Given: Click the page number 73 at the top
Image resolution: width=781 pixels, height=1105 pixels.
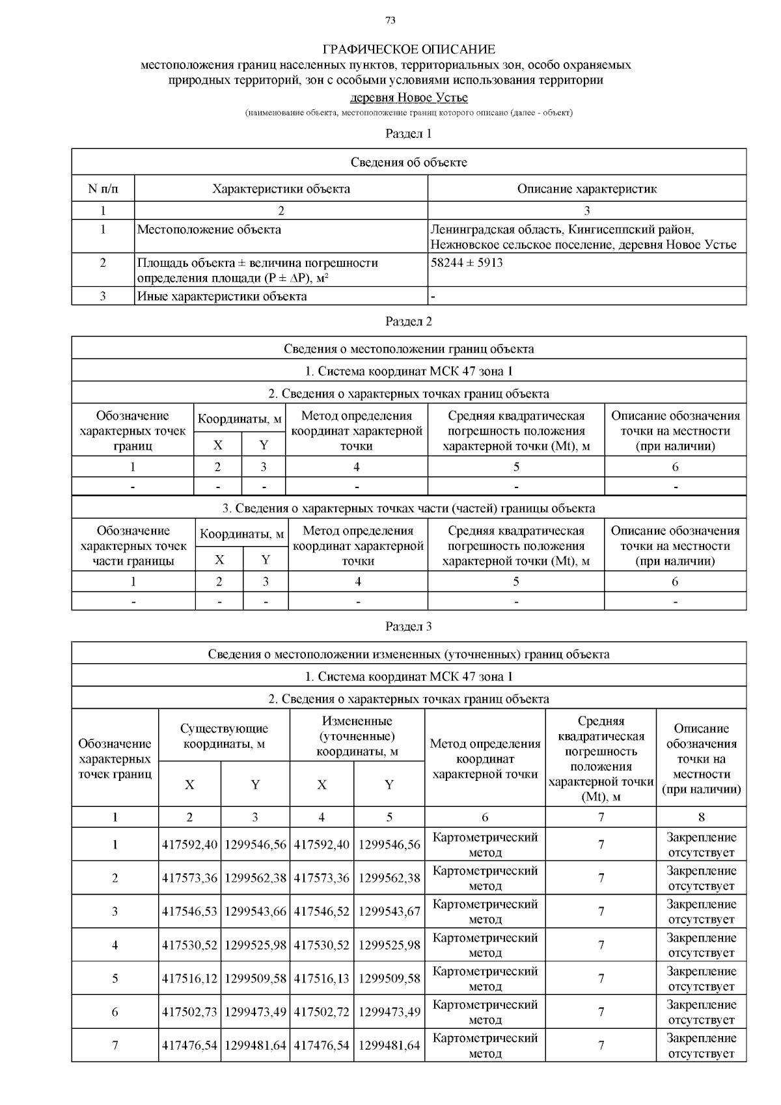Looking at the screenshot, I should coord(390,20).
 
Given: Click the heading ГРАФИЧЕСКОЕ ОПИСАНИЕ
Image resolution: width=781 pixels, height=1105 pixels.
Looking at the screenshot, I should coord(409,49).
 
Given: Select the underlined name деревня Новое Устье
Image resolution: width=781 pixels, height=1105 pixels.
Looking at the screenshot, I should coord(409,98).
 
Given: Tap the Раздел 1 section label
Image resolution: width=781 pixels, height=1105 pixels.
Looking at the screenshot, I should coord(409,134).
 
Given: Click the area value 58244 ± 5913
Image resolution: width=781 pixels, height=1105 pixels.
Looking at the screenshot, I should coord(467,263).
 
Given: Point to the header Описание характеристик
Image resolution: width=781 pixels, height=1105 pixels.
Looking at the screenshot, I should coord(586,189).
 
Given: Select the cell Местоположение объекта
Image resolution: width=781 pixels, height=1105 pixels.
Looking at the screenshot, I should coord(209,230).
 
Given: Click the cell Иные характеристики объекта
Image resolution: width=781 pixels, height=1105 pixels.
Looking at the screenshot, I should coord(222,297).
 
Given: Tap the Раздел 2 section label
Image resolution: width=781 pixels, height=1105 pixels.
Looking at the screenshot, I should coord(409,321).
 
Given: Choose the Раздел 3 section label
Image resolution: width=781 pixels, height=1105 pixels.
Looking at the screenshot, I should coord(409,627).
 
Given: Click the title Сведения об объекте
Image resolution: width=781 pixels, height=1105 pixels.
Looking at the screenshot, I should coord(409,162).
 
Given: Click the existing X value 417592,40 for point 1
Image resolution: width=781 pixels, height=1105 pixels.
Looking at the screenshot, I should coord(189,845).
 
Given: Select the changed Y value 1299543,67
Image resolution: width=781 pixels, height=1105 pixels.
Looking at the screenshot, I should coord(389,912).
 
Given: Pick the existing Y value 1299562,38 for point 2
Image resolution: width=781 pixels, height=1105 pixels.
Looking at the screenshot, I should coord(255,878).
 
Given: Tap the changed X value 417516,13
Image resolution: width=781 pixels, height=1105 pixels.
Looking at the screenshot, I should coord(322,979).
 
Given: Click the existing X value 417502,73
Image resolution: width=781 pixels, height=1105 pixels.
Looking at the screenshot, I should coord(189,1012).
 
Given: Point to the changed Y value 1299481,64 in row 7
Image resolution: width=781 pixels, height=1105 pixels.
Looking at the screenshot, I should coord(389,1046).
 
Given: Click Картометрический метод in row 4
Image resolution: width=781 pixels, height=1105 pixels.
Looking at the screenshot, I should coord(485,945).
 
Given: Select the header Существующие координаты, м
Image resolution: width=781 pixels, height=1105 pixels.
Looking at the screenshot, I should coord(224,736).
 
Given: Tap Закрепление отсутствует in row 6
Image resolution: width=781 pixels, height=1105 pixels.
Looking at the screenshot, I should coord(701,1012).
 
